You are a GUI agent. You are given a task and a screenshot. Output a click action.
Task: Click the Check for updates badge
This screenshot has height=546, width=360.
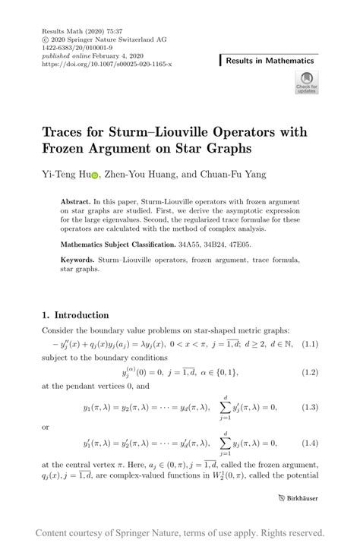click(308, 82)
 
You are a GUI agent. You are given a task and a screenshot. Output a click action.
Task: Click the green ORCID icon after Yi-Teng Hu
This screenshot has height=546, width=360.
click(95, 175)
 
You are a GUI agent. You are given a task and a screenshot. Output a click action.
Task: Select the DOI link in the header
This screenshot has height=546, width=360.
click(106, 65)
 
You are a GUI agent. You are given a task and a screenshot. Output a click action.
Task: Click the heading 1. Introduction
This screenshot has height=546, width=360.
click(77, 315)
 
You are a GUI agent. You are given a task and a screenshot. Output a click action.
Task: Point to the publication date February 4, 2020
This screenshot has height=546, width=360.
click(103, 57)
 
